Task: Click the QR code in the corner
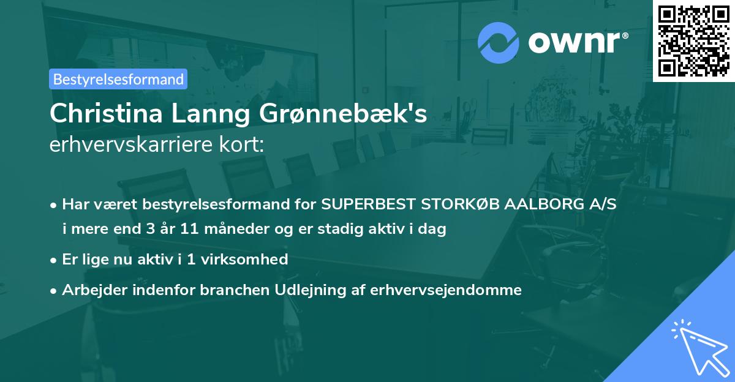tap(693, 40)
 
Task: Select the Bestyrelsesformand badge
tap(118, 79)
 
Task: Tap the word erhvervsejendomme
tap(446, 290)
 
